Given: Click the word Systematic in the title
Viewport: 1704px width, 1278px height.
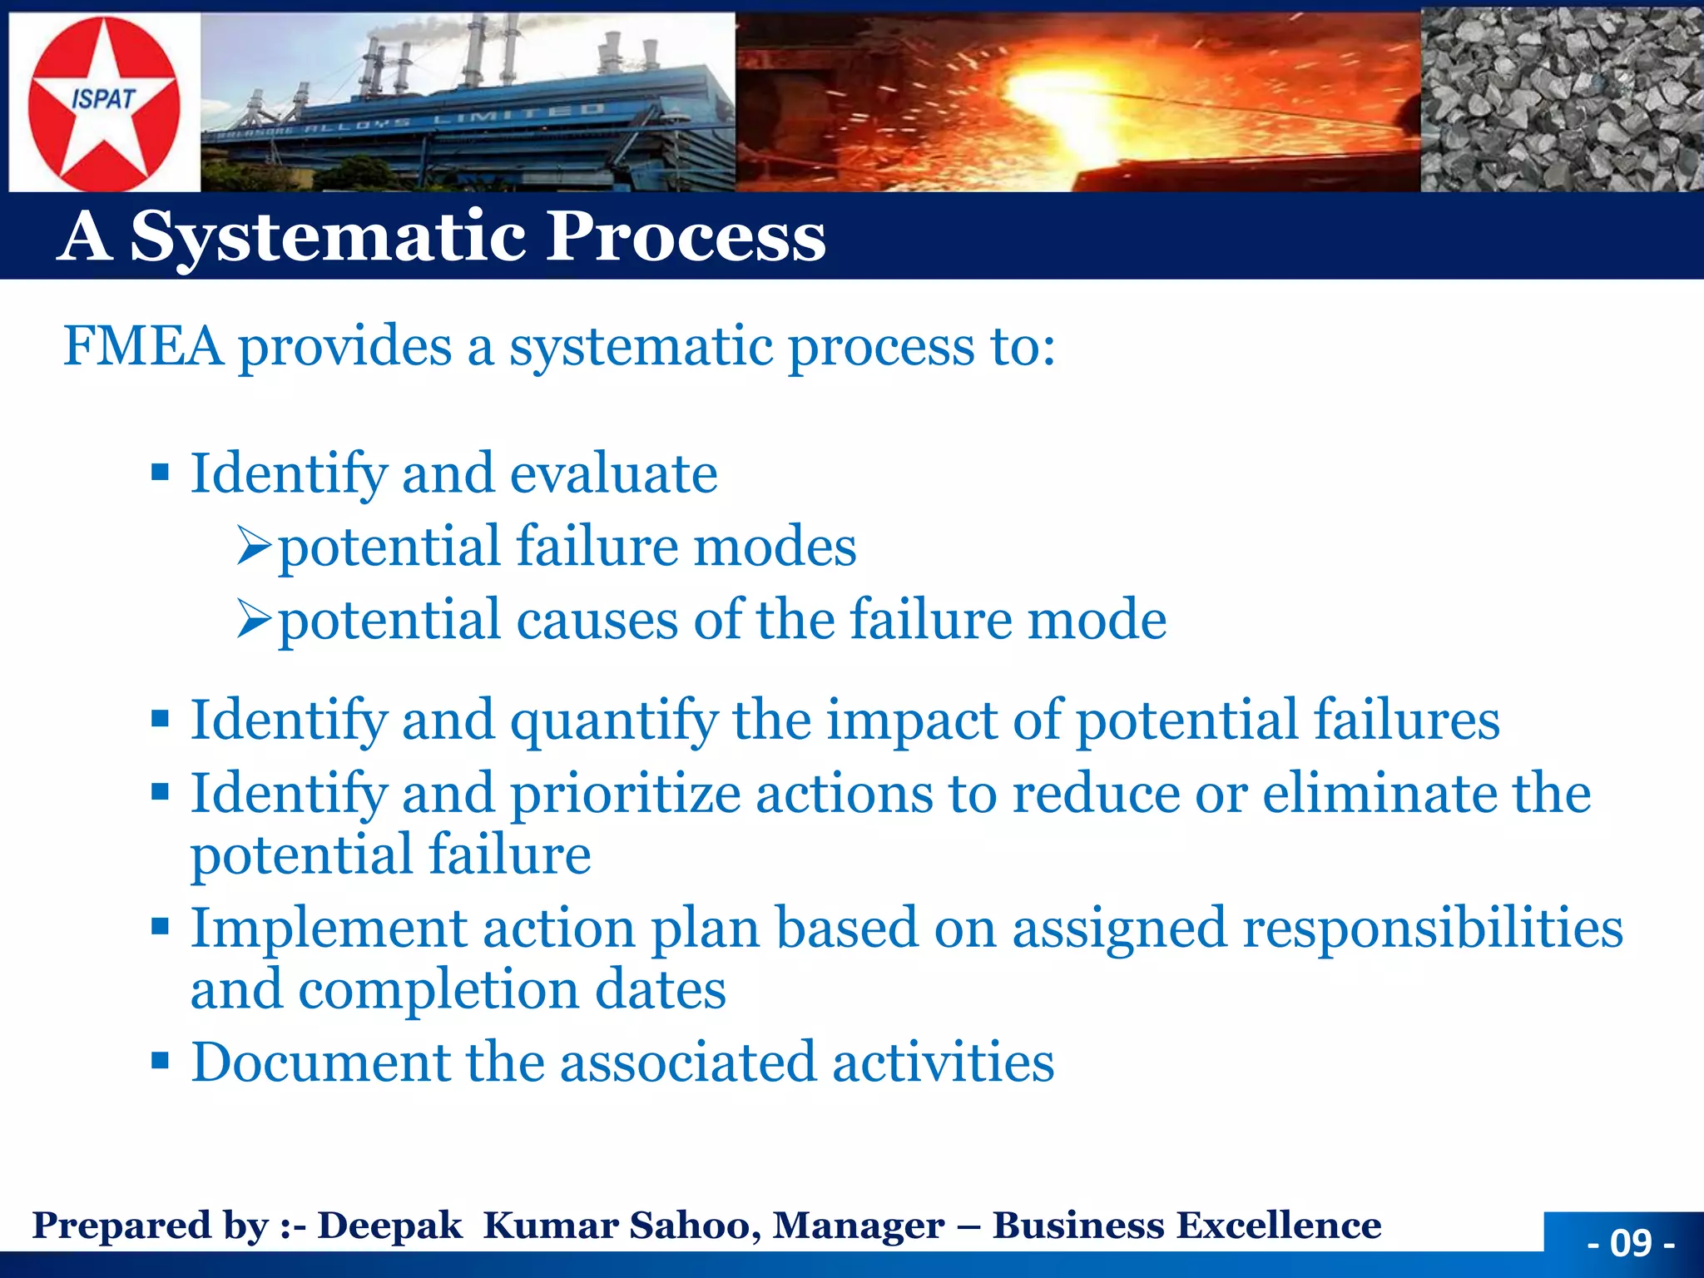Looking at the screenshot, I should (x=329, y=237).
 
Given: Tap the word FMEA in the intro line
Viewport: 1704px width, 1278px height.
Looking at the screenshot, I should (x=143, y=346).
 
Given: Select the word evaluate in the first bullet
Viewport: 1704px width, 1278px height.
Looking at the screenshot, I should (x=613, y=473).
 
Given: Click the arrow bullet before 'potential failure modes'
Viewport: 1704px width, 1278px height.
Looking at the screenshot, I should (x=254, y=547).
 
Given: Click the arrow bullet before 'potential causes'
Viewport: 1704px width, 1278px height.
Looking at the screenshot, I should (x=254, y=620).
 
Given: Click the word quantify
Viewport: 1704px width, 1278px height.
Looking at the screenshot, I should (x=613, y=721).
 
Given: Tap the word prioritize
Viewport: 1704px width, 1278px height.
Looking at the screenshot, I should (x=625, y=794).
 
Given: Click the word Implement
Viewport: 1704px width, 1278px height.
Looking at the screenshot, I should (x=329, y=928).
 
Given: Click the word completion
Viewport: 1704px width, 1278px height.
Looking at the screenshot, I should (x=438, y=990).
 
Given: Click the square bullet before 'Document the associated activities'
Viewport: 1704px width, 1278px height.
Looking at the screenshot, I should (x=161, y=1062).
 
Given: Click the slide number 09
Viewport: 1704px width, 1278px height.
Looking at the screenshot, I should (x=1630, y=1244).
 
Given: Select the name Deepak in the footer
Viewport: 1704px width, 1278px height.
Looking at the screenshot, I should (x=389, y=1226).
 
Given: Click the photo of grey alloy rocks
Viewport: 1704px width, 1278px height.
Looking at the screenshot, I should (x=1561, y=100).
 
